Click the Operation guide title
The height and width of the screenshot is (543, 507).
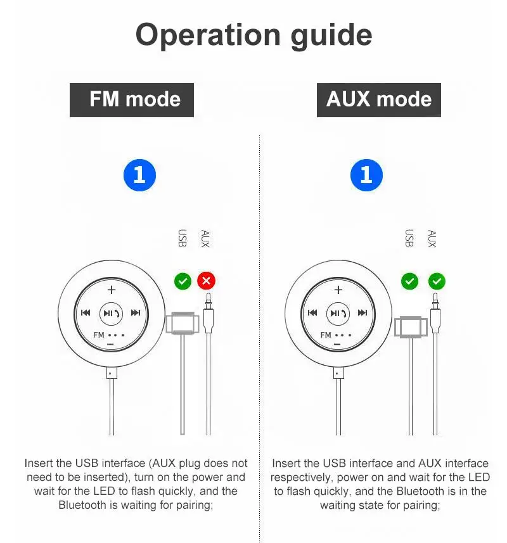pyautogui.click(x=253, y=35)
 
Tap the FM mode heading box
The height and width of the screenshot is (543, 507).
pyautogui.click(x=132, y=99)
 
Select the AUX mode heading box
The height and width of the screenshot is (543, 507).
pyautogui.click(x=378, y=99)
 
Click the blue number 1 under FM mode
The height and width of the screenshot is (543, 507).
pyautogui.click(x=139, y=175)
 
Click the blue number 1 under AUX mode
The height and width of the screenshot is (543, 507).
pyautogui.click(x=366, y=175)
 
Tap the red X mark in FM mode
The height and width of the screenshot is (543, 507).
pyautogui.click(x=206, y=280)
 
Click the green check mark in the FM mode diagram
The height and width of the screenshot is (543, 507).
pyautogui.click(x=183, y=280)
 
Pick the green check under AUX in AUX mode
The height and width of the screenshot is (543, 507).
pyautogui.click(x=437, y=280)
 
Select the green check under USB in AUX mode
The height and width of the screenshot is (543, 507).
pyautogui.click(x=409, y=280)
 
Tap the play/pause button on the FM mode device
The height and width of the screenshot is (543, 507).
pyautogui.click(x=111, y=312)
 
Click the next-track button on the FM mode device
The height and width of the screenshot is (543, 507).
pyautogui.click(x=136, y=312)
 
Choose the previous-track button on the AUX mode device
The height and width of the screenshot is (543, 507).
pyautogui.click(x=312, y=312)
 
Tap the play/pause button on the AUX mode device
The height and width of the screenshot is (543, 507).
pyautogui.click(x=338, y=312)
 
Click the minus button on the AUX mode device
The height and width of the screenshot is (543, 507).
pyautogui.click(x=338, y=345)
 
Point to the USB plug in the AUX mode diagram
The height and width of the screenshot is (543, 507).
pyautogui.click(x=410, y=327)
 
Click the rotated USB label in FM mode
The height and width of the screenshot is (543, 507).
pyautogui.click(x=183, y=238)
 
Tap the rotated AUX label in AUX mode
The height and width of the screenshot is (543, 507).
pyautogui.click(x=432, y=238)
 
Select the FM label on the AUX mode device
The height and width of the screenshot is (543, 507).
pyautogui.click(x=326, y=335)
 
